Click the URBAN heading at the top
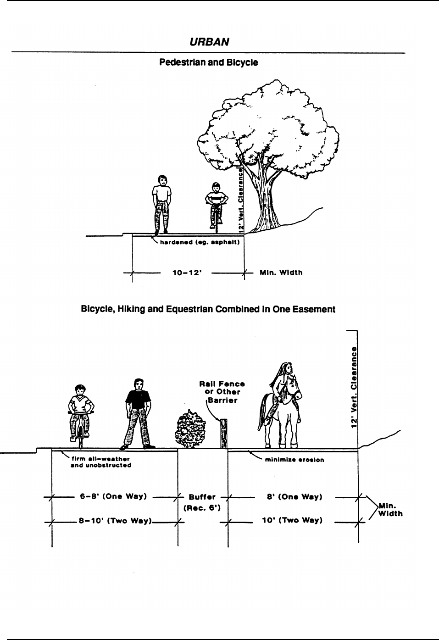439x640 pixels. (209, 42)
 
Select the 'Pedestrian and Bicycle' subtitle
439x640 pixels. (208, 62)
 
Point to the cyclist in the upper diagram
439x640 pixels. (216, 204)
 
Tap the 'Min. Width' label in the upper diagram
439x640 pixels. (281, 273)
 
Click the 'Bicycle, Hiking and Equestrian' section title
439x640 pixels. (208, 309)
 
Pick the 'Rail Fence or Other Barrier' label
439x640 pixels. (222, 392)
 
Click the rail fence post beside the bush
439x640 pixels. (224, 434)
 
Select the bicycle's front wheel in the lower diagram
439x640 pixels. (81, 436)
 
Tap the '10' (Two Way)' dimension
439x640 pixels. (294, 520)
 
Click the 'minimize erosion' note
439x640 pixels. (295, 460)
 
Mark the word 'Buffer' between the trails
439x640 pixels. (202, 497)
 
